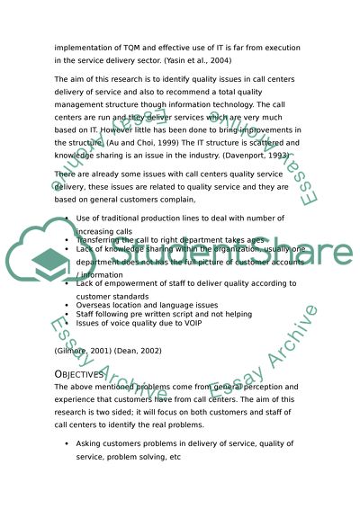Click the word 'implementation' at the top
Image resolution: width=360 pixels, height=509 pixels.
[85, 47]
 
